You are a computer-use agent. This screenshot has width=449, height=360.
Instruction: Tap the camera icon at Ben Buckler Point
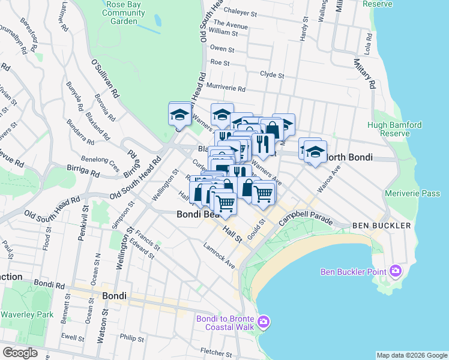[x=395, y=271]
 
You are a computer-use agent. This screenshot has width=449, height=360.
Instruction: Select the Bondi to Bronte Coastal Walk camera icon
[x=263, y=323]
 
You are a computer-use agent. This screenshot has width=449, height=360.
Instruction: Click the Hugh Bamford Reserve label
[x=394, y=130]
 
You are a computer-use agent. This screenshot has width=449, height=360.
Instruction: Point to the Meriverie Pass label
[x=413, y=193]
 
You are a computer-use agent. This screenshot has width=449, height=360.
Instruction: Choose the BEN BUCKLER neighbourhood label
[x=381, y=226]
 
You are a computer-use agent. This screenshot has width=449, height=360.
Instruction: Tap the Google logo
[x=20, y=353]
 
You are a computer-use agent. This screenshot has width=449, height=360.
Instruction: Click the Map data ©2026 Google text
[x=411, y=355]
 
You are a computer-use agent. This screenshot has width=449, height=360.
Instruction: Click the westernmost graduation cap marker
[x=179, y=115]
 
